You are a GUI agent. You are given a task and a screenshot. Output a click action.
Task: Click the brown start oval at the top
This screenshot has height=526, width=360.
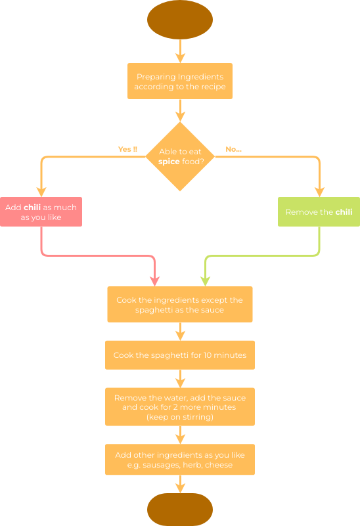tap(179, 20)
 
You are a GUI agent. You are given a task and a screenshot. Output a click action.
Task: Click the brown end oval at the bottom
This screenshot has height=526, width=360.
tap(179, 510)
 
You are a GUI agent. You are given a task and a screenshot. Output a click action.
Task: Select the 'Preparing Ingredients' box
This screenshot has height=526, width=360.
tap(179, 81)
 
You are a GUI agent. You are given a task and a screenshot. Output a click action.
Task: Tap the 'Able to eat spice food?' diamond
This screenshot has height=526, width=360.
tap(179, 156)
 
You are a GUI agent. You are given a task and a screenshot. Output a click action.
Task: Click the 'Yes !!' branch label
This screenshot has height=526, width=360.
tap(127, 149)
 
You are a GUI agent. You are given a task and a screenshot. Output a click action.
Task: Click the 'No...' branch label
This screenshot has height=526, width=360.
tap(233, 149)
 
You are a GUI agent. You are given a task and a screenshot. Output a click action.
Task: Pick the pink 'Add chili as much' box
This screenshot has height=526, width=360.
tap(41, 211)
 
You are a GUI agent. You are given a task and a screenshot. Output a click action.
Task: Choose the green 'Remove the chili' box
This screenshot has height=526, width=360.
tap(319, 212)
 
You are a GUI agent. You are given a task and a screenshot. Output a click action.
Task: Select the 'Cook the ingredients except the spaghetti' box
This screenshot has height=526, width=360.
tap(179, 305)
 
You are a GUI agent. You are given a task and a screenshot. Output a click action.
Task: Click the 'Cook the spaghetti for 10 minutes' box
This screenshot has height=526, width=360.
tap(179, 355)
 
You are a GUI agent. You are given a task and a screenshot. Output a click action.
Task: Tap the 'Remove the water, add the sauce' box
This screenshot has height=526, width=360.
tap(179, 407)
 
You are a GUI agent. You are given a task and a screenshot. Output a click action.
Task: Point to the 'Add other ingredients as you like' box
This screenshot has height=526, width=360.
tap(179, 460)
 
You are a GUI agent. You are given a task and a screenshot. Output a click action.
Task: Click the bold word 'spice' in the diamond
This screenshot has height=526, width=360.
tap(169, 162)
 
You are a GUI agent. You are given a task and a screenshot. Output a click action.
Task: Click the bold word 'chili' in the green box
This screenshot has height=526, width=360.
tap(344, 212)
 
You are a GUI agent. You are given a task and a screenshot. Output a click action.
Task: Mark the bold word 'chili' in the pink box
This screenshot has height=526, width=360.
tap(32, 207)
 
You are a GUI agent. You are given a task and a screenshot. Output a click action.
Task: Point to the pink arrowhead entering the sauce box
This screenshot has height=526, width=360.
tap(155, 282)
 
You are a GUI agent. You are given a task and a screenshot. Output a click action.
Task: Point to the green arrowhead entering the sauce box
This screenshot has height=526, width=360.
tap(205, 282)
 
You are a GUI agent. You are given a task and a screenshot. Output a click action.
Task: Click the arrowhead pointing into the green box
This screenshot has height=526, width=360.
tap(319, 192)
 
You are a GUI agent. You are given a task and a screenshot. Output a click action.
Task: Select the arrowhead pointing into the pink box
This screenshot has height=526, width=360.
tap(41, 192)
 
